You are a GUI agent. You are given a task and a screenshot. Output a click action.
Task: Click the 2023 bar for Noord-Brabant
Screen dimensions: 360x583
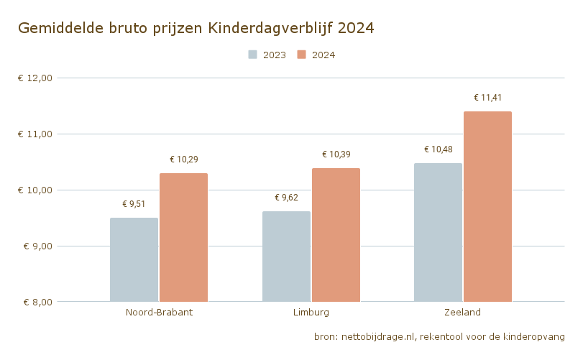[x=134, y=259]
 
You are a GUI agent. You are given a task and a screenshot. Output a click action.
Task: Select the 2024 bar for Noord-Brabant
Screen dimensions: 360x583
[x=183, y=237]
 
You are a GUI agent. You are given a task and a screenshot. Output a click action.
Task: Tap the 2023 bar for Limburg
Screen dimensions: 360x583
[x=286, y=257]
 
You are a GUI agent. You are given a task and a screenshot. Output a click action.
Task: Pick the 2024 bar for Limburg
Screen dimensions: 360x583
[x=336, y=235]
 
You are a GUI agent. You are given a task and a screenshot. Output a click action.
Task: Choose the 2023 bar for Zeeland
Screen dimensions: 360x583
[x=438, y=232]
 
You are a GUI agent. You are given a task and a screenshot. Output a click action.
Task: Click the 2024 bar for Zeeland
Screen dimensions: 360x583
[x=487, y=206]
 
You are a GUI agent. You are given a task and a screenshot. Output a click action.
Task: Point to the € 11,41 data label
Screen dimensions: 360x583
[x=487, y=98]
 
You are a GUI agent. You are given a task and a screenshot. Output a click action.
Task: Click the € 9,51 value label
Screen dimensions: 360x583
[x=134, y=204]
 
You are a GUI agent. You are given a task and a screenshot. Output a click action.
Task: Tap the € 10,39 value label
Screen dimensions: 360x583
[x=336, y=154]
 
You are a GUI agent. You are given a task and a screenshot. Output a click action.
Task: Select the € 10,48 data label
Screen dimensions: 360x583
[x=438, y=149]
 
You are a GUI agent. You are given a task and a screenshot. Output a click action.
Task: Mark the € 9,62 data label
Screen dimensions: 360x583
[x=286, y=198]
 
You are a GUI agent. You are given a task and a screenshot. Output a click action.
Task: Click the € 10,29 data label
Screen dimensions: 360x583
[x=183, y=160]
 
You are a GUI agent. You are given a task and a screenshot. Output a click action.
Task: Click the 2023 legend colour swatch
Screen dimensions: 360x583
[x=253, y=55]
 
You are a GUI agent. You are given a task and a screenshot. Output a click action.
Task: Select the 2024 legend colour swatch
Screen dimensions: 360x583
[x=303, y=55]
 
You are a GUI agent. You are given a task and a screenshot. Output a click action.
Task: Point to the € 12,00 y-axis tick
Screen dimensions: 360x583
[x=35, y=78]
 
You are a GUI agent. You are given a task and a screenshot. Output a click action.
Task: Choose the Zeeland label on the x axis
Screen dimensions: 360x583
[x=463, y=313]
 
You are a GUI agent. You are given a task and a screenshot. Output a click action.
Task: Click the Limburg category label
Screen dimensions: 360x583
[x=311, y=313]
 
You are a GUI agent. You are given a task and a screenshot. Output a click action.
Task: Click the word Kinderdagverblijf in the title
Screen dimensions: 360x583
[x=270, y=28]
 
